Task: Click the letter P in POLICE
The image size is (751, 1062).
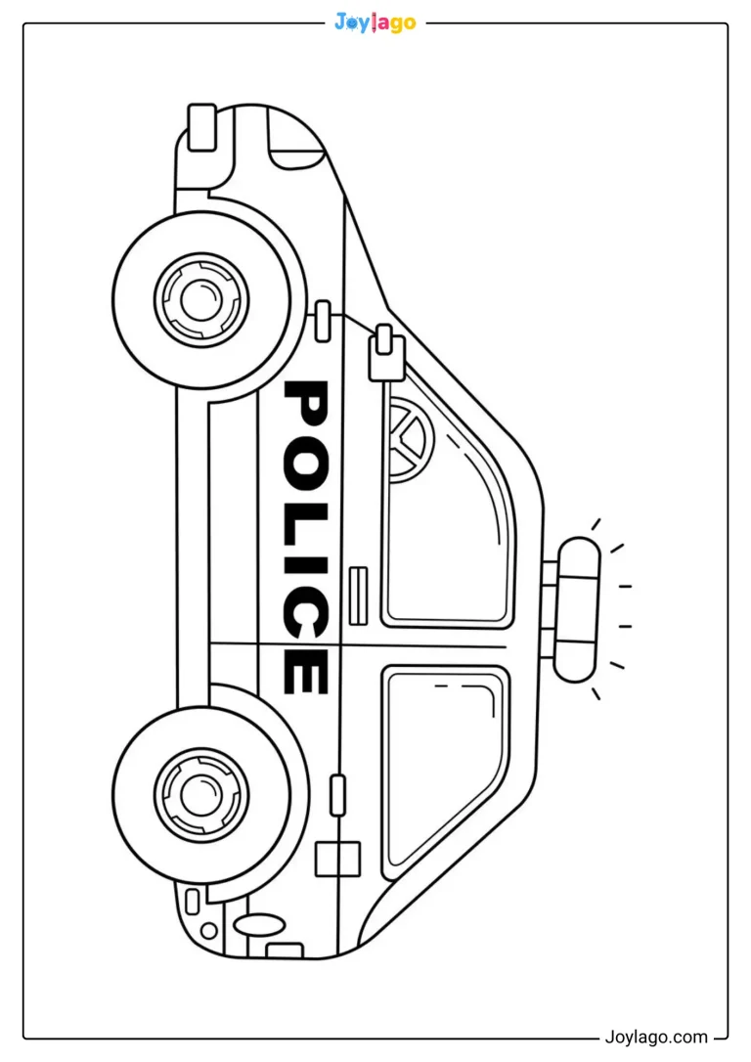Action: [305, 404]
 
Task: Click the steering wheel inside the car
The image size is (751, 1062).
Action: [410, 440]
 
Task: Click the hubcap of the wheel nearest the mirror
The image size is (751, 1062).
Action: [201, 297]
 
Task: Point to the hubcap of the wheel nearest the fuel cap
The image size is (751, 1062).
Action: [201, 790]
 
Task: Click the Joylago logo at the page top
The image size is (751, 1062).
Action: [375, 23]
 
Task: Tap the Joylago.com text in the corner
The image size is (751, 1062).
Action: [655, 1037]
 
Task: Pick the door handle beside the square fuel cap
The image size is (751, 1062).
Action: [337, 794]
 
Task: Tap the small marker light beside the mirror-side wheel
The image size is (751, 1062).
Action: [324, 321]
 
